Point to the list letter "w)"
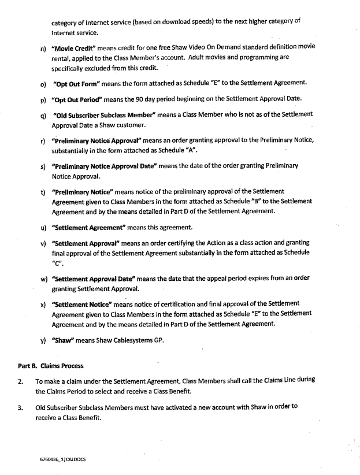[x=43, y=279]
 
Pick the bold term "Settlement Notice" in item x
[x=83, y=303]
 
